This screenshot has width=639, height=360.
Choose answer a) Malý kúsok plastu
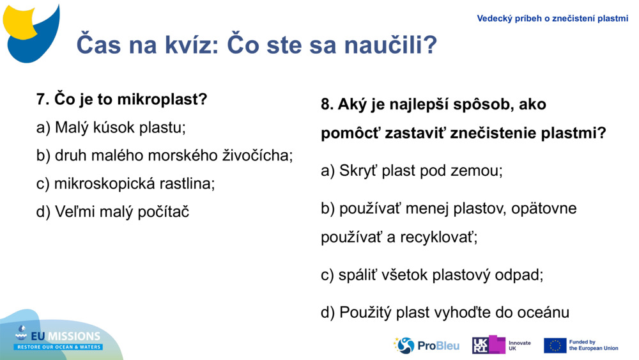(x=111, y=127)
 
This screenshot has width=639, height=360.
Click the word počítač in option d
(x=164, y=212)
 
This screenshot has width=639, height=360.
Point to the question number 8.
(x=327, y=104)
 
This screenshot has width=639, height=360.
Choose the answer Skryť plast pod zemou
(x=412, y=171)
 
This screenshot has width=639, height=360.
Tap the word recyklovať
(x=439, y=237)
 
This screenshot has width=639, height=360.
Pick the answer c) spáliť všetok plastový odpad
(x=432, y=275)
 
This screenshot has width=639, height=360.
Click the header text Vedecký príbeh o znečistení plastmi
(x=552, y=19)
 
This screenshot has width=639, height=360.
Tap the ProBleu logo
(x=426, y=345)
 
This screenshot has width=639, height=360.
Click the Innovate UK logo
(x=501, y=345)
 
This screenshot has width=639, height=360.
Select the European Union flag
(x=555, y=345)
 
